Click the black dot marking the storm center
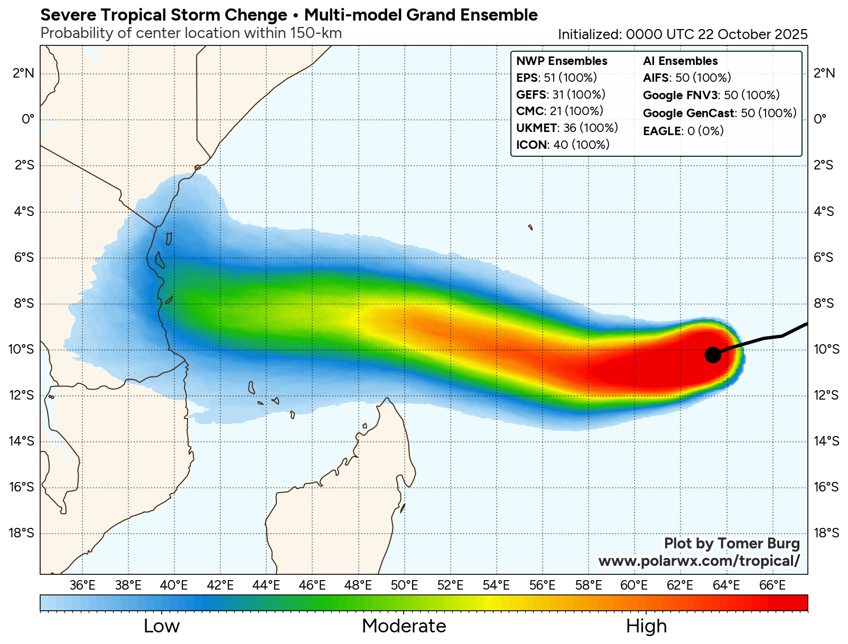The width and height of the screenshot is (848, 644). (x=713, y=355)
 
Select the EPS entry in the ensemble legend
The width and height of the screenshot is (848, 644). (x=556, y=78)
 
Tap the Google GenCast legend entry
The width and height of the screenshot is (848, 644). (x=719, y=113)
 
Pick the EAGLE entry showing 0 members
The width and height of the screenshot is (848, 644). (x=683, y=131)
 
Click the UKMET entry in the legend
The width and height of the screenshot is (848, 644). (x=566, y=128)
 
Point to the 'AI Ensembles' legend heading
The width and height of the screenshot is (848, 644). (x=680, y=61)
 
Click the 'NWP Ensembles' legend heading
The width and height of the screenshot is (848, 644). (x=562, y=61)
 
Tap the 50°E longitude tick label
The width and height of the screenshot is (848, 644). (x=404, y=585)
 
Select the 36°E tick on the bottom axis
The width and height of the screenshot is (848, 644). (x=82, y=585)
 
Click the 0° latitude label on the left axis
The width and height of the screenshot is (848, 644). (x=28, y=119)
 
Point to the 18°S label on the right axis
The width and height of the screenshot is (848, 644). (x=826, y=533)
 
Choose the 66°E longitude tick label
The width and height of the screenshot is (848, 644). (x=772, y=585)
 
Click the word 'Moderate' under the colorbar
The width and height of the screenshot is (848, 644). (x=404, y=626)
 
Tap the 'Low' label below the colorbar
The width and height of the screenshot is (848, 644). (x=162, y=626)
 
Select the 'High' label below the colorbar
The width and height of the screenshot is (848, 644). (x=646, y=626)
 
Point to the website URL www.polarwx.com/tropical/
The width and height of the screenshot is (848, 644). (x=698, y=561)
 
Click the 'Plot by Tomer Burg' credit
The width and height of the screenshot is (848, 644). (x=732, y=543)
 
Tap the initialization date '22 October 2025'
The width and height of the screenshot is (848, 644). (x=752, y=34)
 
